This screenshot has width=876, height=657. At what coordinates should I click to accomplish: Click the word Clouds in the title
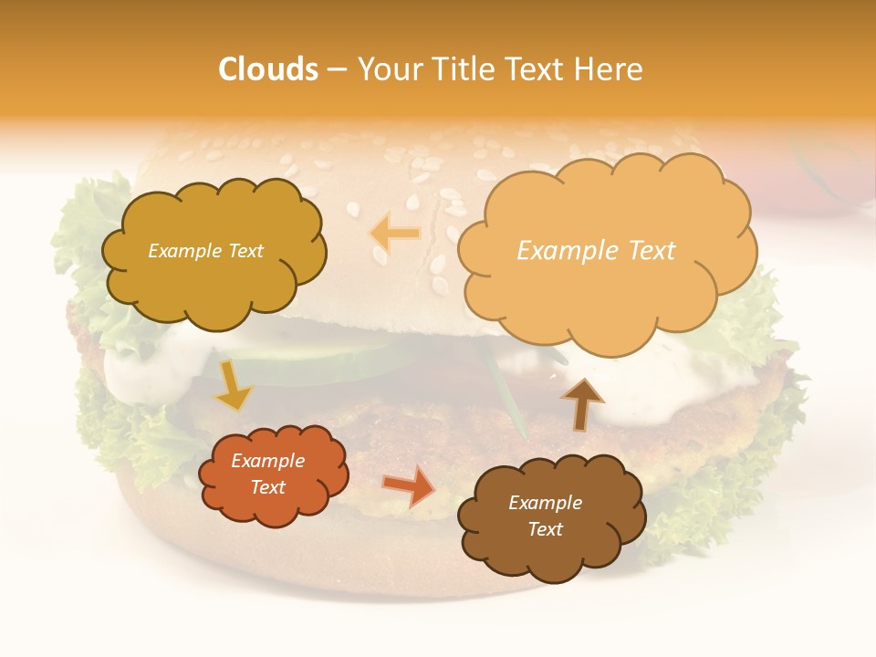click(x=267, y=69)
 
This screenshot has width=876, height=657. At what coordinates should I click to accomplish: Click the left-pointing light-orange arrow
click(x=395, y=233)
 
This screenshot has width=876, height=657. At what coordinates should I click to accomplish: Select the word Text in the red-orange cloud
click(x=268, y=487)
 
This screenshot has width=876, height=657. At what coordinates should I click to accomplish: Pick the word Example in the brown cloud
click(x=545, y=503)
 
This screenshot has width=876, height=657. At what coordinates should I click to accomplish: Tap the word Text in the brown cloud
click(x=545, y=529)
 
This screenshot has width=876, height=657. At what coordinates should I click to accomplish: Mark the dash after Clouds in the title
click(x=336, y=69)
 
